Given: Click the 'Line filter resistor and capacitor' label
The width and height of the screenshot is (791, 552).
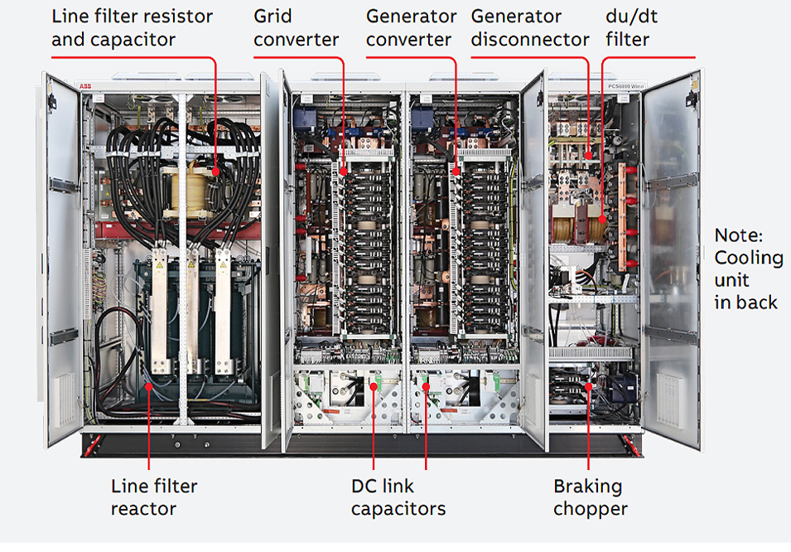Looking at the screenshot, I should [x=132, y=27].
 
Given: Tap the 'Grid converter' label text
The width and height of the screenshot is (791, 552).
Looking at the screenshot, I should [x=296, y=27].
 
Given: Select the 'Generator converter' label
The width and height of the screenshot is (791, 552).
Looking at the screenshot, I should [x=411, y=27].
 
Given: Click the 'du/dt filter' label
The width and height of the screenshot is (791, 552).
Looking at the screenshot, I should [x=627, y=27].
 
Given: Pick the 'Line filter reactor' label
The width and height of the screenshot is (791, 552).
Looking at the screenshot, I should [x=154, y=496].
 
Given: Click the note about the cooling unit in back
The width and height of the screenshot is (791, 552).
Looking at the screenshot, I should [x=748, y=269].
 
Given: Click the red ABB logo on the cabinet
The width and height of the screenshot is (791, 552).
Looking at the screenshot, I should [x=86, y=86].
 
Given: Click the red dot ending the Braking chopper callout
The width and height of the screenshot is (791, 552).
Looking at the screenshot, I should [x=589, y=385].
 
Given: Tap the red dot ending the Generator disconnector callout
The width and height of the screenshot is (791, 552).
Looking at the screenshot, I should [x=589, y=155].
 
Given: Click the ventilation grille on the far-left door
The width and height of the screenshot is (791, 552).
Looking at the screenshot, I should [x=65, y=398].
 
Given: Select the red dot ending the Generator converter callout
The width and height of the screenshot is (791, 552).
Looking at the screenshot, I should [x=456, y=172].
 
